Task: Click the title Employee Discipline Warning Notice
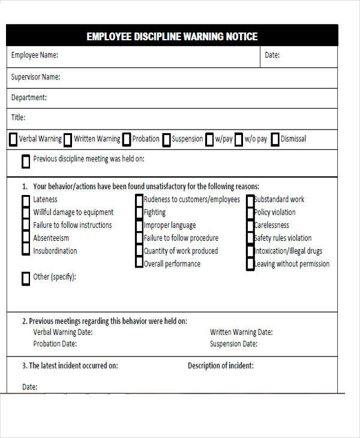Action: coord(172,37)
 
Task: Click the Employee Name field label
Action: coord(35,55)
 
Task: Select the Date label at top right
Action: coord(272,55)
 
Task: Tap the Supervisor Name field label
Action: coord(35,77)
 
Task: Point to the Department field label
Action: coord(29,97)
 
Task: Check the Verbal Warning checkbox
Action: coord(13,140)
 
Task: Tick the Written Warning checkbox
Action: coord(68,140)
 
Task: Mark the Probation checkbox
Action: coord(127,140)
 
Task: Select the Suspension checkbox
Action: coord(166,140)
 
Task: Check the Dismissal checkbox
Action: coord(275,140)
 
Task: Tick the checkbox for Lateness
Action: coord(26,200)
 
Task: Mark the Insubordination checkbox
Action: coord(26,251)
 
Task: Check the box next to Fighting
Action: coord(139,212)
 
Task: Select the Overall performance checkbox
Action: coord(139,263)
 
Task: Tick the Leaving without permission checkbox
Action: coord(250,264)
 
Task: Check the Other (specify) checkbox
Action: coord(26,278)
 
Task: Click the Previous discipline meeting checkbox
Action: coord(26,161)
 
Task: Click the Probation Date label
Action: coord(55,344)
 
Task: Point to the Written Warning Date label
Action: coord(241,332)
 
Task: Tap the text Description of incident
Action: coord(220,365)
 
